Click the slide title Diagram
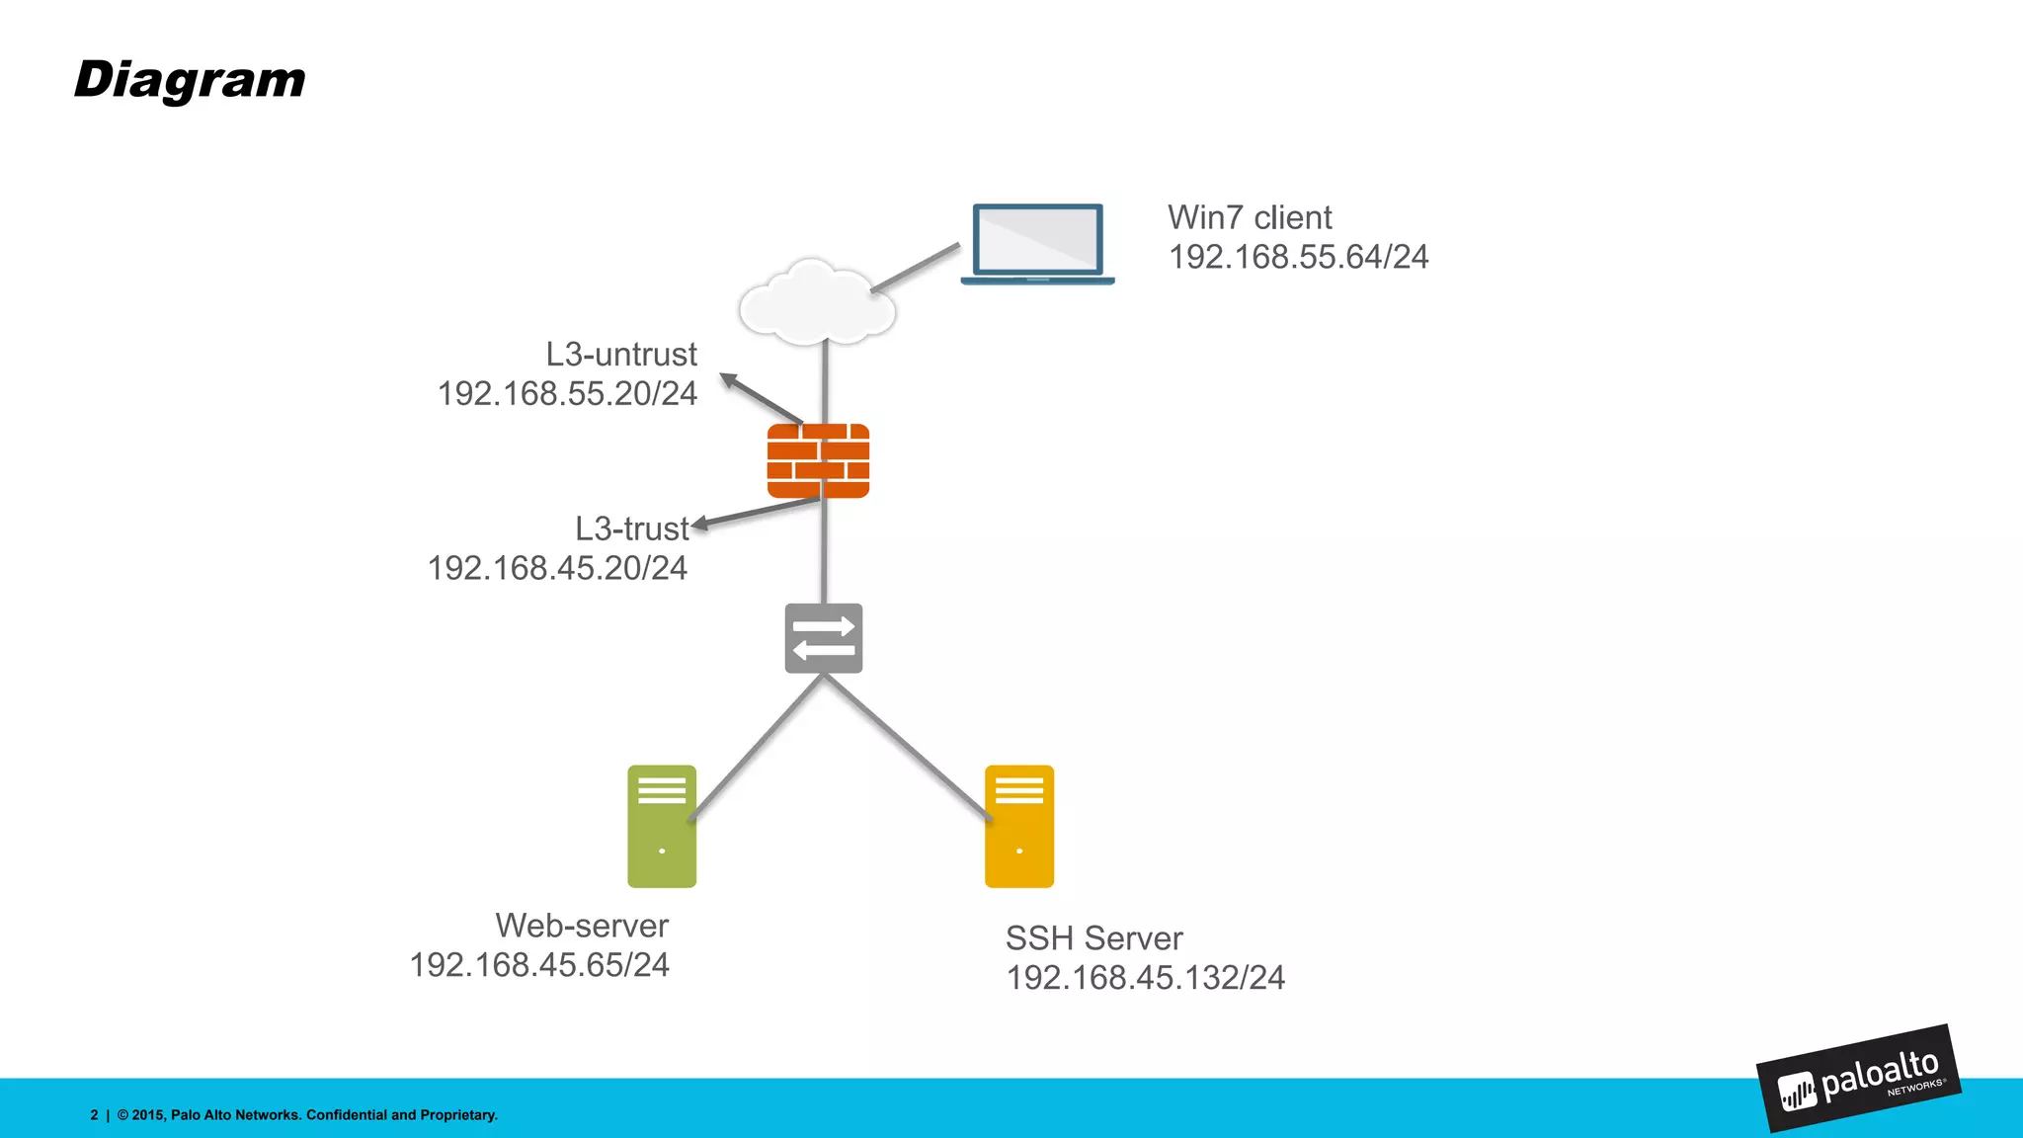pyautogui.click(x=190, y=81)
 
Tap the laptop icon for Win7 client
pyautogui.click(x=1037, y=243)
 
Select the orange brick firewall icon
pyautogui.click(x=818, y=460)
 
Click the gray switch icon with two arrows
pyautogui.click(x=824, y=638)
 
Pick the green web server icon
pyautogui.click(x=662, y=826)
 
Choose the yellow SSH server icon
pyautogui.click(x=1019, y=826)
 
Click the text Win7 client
pyautogui.click(x=1250, y=217)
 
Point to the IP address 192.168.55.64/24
pyautogui.click(x=1298, y=257)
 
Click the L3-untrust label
pyautogui.click(x=621, y=354)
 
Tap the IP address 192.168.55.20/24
pyautogui.click(x=567, y=393)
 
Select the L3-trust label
pyautogui.click(x=631, y=528)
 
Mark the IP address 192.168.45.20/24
pyautogui.click(x=557, y=568)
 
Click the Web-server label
pyautogui.click(x=582, y=926)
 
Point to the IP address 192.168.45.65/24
pyautogui.click(x=539, y=965)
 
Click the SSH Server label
pyautogui.click(x=1093, y=938)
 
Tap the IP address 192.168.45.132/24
pyautogui.click(x=1145, y=978)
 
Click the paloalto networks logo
pyautogui.click(x=1859, y=1079)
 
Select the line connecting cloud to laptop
pyautogui.click(x=915, y=268)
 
